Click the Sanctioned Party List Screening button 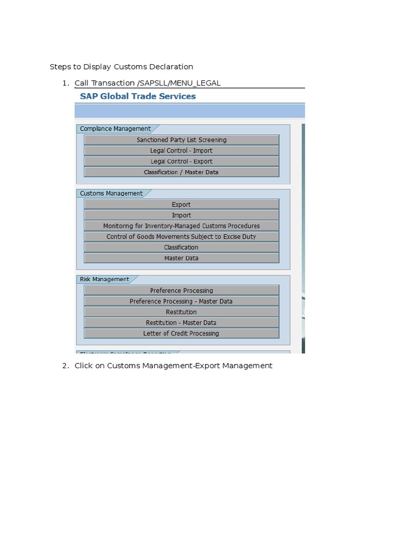[x=181, y=140]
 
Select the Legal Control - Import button [x=181, y=150]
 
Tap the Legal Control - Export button [x=181, y=161]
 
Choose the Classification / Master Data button [x=181, y=172]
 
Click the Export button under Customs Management [x=181, y=204]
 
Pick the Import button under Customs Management [x=181, y=215]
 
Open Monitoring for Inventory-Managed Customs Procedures [x=181, y=226]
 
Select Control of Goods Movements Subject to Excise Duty [x=181, y=237]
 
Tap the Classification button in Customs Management [x=181, y=247]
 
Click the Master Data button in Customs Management [x=181, y=258]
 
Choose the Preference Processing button [x=181, y=291]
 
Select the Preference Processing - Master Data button [x=181, y=301]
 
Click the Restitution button [x=181, y=312]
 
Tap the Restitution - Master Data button [x=181, y=323]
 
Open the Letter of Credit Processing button [x=181, y=333]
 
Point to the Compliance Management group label [x=115, y=128]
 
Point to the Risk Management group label [x=104, y=279]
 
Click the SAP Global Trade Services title [x=138, y=96]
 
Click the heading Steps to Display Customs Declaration [x=121, y=67]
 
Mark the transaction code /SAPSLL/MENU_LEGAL [x=179, y=83]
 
